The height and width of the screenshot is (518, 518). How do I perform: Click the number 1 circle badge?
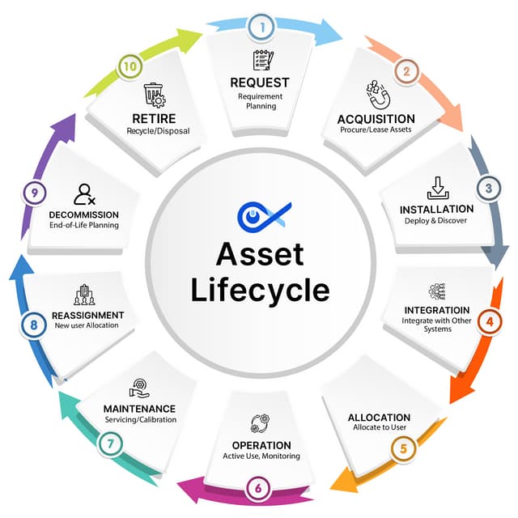(x=262, y=28)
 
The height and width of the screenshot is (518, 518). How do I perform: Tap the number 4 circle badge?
(x=489, y=321)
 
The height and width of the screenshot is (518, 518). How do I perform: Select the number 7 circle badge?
(x=110, y=444)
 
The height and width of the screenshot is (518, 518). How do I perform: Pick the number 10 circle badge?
(x=129, y=66)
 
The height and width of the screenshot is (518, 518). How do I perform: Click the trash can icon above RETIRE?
(x=155, y=96)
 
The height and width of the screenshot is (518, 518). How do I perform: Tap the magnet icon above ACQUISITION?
(x=378, y=95)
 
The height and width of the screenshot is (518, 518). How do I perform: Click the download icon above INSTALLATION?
(x=438, y=188)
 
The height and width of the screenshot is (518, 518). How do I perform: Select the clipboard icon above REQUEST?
(x=263, y=60)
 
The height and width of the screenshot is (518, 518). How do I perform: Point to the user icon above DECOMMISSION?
(x=84, y=194)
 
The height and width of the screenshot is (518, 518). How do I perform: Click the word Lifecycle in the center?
(x=260, y=290)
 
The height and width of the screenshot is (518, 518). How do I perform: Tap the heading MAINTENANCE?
(x=139, y=409)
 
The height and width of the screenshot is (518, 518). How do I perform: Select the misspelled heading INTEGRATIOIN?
(x=437, y=310)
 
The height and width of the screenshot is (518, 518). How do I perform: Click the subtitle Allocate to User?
(x=380, y=427)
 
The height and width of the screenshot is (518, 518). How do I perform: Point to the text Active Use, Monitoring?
(x=261, y=456)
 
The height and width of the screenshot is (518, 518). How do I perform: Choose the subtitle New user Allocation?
(x=87, y=325)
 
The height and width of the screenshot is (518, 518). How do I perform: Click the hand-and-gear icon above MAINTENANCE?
(x=139, y=388)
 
